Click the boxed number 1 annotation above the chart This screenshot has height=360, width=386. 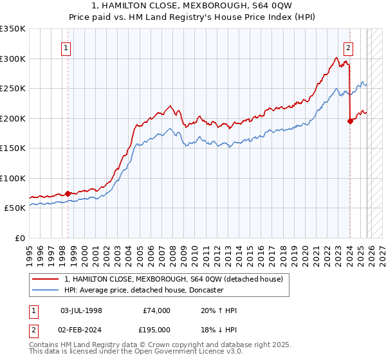tap(66, 47)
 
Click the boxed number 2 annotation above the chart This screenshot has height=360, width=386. tap(348, 47)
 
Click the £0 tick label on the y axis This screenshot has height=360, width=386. tap(20, 238)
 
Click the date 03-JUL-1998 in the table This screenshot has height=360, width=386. tap(81, 310)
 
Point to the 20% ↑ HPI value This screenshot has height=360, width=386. tap(219, 310)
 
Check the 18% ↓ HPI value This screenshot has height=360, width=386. tap(219, 330)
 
